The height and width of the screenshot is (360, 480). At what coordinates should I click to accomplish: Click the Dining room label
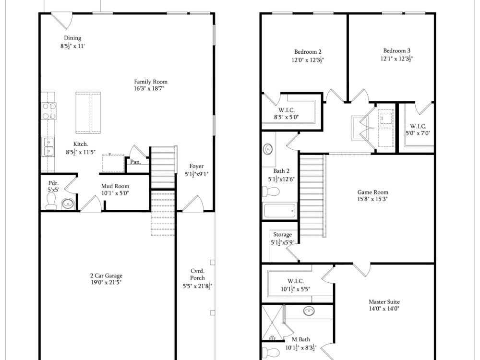[x=72, y=38]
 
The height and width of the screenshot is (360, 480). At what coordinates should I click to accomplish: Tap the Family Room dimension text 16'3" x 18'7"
[x=150, y=89]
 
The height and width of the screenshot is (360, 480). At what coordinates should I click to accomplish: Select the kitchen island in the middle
[x=88, y=112]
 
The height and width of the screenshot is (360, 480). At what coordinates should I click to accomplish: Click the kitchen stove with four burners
[x=48, y=111]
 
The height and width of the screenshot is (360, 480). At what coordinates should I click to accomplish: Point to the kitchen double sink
[x=48, y=146]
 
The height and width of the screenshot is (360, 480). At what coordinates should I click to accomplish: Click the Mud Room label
[x=115, y=186]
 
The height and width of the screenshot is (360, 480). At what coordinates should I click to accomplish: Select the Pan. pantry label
[x=136, y=162]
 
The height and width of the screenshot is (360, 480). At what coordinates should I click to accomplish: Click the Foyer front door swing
[x=194, y=204]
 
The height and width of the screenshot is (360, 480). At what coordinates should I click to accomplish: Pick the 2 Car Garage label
[x=106, y=276]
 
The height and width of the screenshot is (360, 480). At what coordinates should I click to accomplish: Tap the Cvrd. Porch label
[x=197, y=274]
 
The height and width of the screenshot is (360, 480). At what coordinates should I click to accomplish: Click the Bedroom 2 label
[x=308, y=52]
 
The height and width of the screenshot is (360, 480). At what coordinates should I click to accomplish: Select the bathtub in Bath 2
[x=280, y=210]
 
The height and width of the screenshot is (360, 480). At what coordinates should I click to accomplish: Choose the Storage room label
[x=282, y=235]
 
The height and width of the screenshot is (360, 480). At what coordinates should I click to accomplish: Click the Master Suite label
[x=384, y=302]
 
